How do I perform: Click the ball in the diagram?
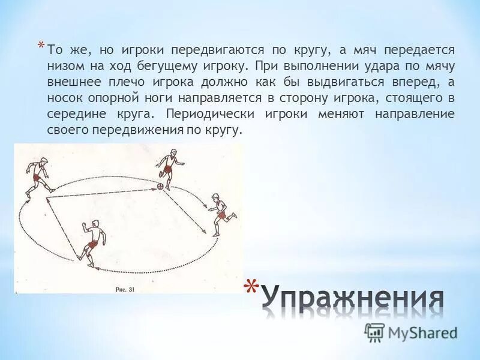click(x=160, y=187)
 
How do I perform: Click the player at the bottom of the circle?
click(x=91, y=241)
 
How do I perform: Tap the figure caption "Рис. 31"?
click(x=125, y=289)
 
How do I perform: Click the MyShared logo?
click(x=410, y=332)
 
